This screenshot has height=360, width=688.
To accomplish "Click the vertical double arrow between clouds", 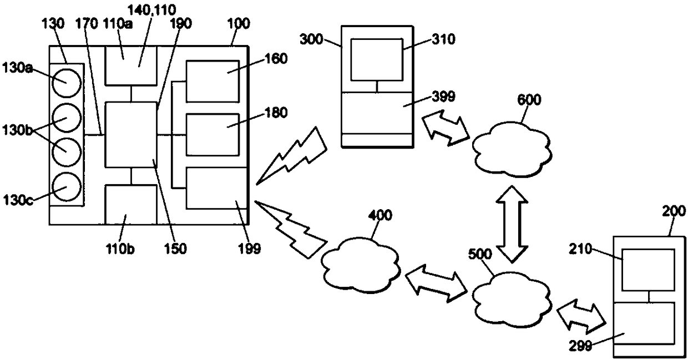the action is [512, 224].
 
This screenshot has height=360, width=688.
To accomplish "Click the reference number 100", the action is [239, 24].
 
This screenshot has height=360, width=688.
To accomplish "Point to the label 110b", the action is [120, 249].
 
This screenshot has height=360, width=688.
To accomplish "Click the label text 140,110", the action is [151, 10].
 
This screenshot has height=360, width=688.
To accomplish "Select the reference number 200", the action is [674, 211].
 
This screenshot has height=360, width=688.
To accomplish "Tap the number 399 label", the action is [443, 97].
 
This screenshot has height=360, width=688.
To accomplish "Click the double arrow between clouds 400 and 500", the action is [436, 284].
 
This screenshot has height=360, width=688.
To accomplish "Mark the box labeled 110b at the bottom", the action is [131, 205].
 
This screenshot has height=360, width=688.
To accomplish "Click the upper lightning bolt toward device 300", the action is [291, 156].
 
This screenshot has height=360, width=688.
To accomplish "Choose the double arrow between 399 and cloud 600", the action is [446, 127].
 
